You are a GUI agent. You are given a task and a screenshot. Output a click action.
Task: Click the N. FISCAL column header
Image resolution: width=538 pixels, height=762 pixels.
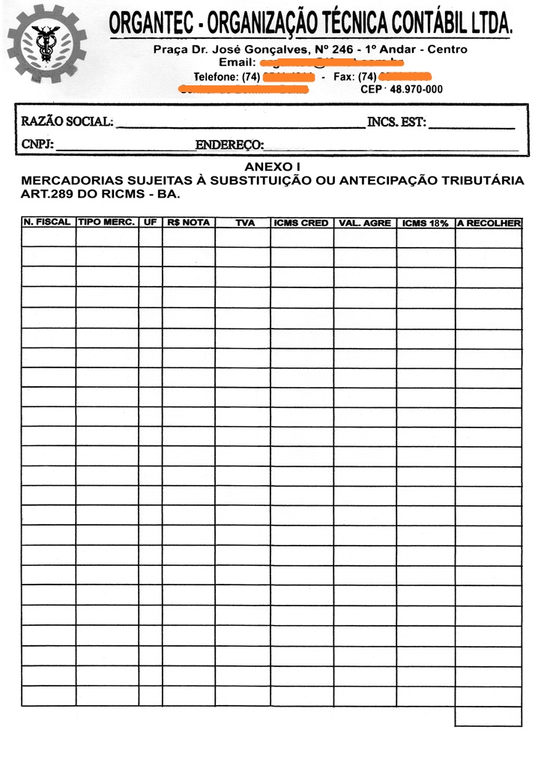[x=47, y=222]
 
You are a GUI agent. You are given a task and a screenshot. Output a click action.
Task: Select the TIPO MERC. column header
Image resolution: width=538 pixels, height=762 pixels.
[x=106, y=222]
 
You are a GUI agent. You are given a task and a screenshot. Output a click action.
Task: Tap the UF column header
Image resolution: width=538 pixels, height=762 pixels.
[x=150, y=222]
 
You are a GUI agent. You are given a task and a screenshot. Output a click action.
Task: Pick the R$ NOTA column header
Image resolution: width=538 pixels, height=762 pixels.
[x=188, y=222]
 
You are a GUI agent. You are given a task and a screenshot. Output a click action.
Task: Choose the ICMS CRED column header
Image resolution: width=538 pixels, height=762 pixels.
[x=301, y=223]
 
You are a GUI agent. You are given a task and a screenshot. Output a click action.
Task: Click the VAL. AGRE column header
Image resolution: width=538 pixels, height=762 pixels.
[x=365, y=223]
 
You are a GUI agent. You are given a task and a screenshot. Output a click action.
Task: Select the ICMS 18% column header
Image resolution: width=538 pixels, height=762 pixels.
[x=425, y=223]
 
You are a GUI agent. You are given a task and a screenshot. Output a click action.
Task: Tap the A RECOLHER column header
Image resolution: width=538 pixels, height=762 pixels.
[x=489, y=223]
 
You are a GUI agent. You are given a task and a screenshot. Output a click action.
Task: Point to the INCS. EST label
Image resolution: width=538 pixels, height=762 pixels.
[x=396, y=122]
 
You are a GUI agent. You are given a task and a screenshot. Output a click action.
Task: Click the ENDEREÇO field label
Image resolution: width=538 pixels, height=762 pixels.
[x=229, y=144]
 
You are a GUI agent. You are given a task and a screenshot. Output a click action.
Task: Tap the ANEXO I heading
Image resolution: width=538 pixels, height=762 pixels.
[x=273, y=167]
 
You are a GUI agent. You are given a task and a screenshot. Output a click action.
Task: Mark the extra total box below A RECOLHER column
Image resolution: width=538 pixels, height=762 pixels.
[x=488, y=716]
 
